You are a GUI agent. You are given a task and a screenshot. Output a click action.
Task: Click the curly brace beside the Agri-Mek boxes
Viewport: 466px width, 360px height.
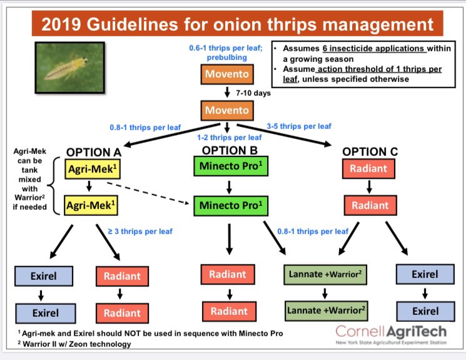point(58,187)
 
